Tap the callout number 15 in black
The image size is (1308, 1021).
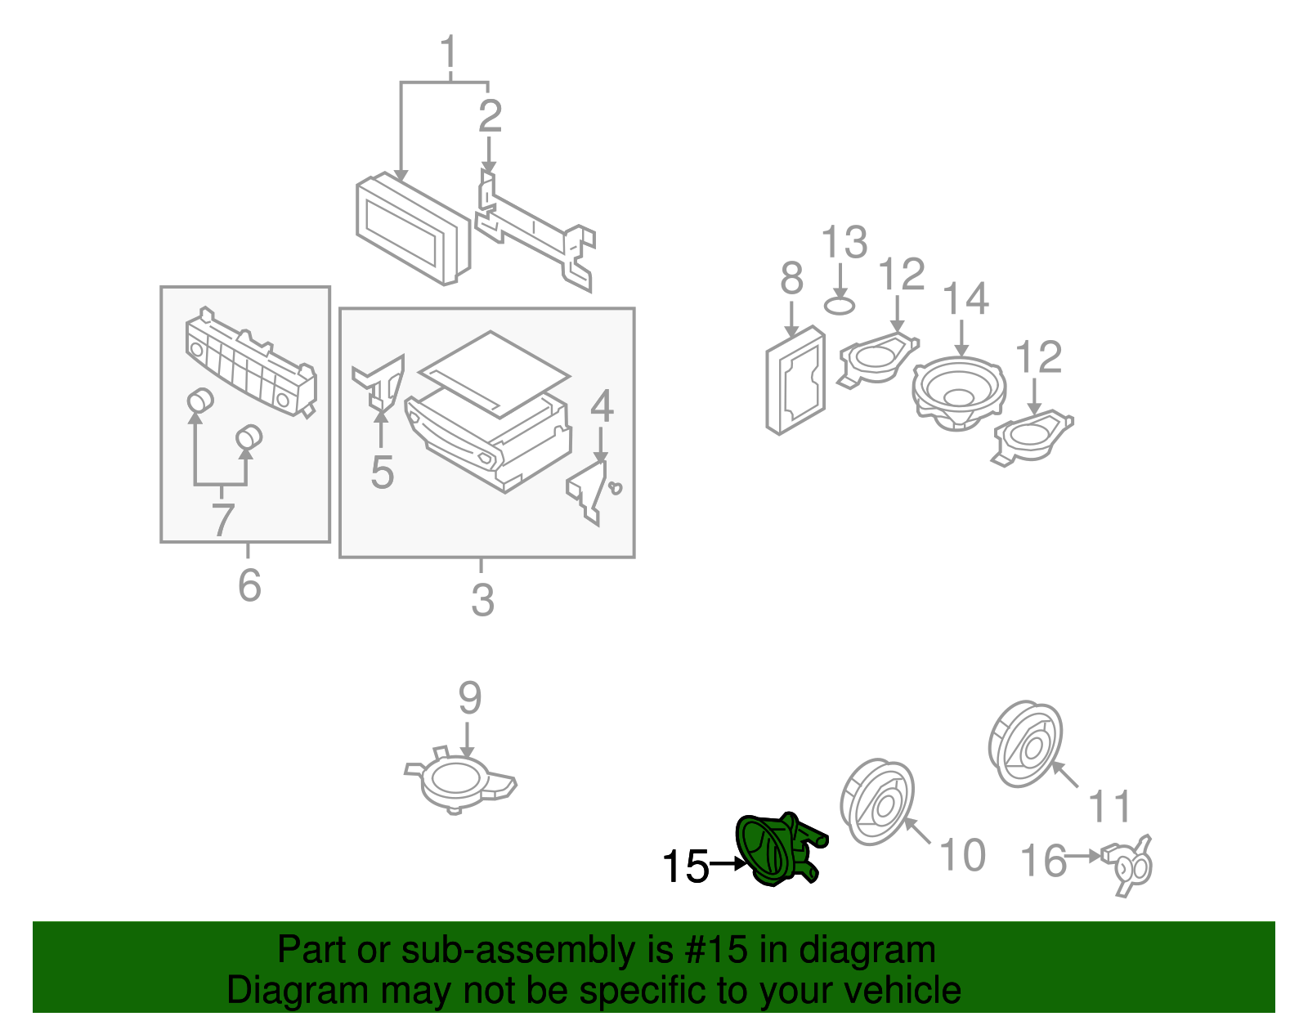685,867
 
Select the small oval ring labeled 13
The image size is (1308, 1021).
840,307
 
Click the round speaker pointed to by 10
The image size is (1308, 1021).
877,803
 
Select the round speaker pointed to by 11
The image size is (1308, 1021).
1025,744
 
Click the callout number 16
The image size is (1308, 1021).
1044,861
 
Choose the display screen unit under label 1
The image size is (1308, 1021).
413,229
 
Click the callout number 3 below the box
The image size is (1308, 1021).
482,601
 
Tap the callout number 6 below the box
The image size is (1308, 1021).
249,585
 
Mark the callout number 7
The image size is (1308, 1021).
222,520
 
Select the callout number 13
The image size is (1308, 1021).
844,243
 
